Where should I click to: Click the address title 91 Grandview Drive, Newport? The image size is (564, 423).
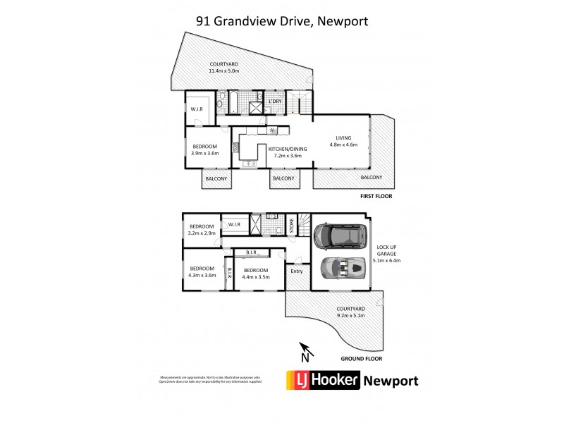[282, 21]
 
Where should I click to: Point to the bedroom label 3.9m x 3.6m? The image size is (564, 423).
[206, 149]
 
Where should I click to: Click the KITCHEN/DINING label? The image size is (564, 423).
[285, 152]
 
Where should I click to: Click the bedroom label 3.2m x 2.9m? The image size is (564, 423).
[202, 229]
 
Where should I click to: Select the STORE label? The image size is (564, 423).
[290, 229]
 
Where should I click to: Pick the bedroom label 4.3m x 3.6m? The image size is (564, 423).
[202, 271]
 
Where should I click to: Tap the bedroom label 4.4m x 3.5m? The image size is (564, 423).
[256, 273]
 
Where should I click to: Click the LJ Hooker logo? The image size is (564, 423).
[321, 381]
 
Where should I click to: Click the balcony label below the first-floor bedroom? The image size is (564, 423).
[216, 179]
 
